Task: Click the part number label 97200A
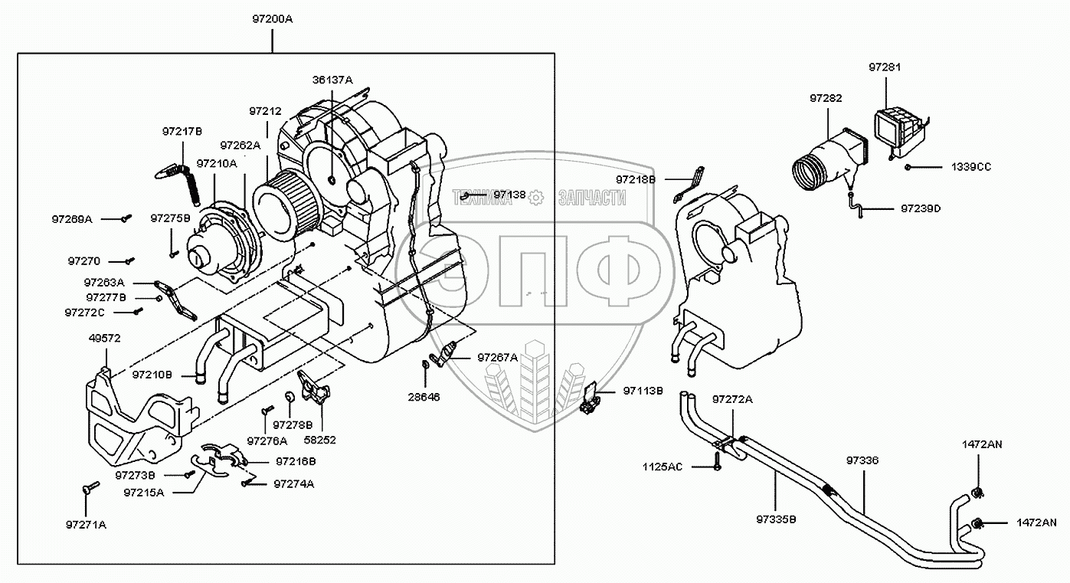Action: point(271,18)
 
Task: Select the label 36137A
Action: point(332,80)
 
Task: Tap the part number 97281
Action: point(885,67)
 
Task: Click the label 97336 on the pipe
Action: point(862,461)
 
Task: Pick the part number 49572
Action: point(105,338)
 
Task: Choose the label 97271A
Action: point(87,524)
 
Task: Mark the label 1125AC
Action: point(663,467)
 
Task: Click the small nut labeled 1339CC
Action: point(907,167)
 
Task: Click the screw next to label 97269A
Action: point(126,219)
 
